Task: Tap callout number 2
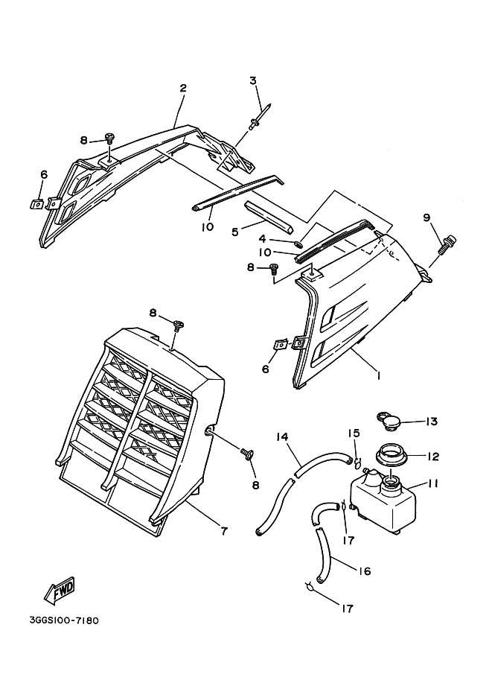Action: [182, 88]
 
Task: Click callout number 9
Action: [426, 217]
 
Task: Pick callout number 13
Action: [431, 422]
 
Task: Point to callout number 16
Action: [364, 571]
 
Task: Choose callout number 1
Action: [377, 376]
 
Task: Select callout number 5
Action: [235, 232]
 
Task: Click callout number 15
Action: [355, 433]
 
